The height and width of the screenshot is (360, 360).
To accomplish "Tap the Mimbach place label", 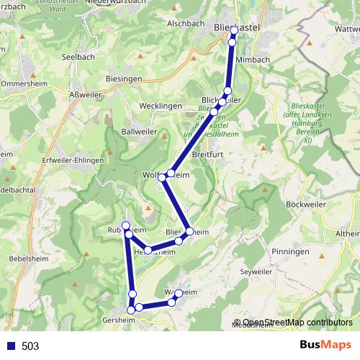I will pyautogui.click(x=252, y=60).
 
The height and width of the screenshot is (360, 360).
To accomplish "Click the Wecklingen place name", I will pyautogui.click(x=160, y=105).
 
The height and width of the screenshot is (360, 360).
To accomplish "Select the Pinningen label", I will pyautogui.click(x=291, y=252).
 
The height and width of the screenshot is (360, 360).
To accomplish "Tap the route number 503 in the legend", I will pyautogui.click(x=30, y=346).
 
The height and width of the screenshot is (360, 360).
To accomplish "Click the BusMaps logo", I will pyautogui.click(x=325, y=346).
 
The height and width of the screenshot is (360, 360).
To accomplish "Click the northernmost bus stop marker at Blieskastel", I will pyautogui.click(x=234, y=30).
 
